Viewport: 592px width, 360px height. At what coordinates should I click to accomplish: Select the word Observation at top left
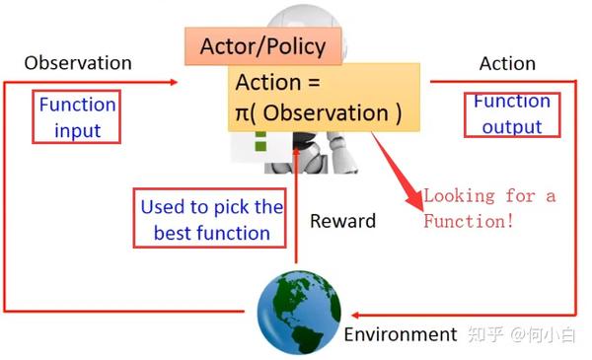(x=77, y=62)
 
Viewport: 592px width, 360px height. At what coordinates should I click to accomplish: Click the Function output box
(x=512, y=113)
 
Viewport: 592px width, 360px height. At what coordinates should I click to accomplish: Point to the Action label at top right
(x=507, y=63)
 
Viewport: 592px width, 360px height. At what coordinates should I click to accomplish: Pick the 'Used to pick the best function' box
(x=211, y=219)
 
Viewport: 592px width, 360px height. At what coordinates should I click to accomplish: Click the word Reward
(x=342, y=221)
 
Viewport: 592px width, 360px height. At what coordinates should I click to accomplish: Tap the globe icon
(x=299, y=312)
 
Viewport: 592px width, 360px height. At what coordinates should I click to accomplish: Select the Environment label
(x=401, y=334)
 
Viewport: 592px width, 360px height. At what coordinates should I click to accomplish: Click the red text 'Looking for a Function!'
(x=489, y=208)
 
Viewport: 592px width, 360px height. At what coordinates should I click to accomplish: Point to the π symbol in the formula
(x=243, y=113)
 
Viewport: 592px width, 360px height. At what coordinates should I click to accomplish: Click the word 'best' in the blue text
(x=174, y=234)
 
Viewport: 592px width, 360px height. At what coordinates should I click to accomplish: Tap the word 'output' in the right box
(x=512, y=126)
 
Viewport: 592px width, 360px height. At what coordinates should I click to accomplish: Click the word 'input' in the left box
(x=77, y=130)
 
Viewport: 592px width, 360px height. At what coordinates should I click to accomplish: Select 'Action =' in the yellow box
(x=278, y=83)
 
